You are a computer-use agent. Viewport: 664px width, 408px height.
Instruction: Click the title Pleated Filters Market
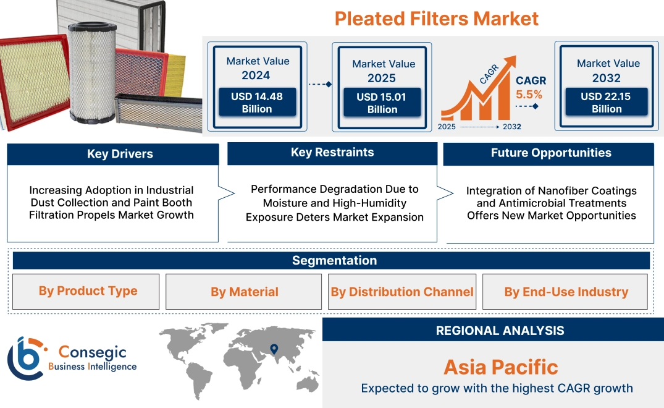[436, 18]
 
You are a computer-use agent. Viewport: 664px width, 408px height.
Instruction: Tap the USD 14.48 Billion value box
[256, 103]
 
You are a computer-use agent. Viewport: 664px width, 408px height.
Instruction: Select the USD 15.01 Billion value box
[382, 103]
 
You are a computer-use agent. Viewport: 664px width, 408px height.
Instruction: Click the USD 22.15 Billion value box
[607, 102]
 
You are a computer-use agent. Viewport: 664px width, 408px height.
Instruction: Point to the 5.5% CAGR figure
[529, 95]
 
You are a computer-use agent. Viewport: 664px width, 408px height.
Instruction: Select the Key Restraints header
[332, 153]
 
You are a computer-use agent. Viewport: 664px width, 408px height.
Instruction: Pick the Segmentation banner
[334, 260]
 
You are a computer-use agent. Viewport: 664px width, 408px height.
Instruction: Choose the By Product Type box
[88, 291]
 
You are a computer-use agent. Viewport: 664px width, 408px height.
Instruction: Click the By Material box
[245, 292]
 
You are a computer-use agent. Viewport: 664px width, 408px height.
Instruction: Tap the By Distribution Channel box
[402, 292]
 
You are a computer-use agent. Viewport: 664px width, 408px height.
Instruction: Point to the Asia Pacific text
[500, 367]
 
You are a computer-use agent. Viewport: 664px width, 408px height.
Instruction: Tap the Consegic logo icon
[25, 359]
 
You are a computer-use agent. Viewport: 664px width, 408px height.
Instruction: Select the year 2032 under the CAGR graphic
[511, 127]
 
